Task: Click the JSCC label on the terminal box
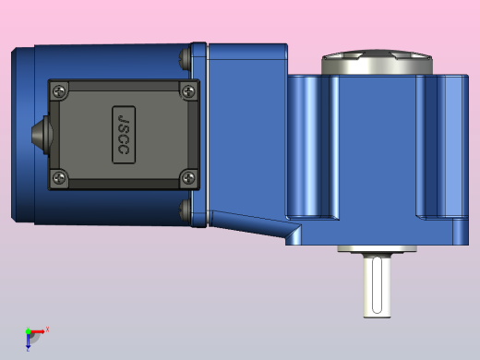(x=124, y=135)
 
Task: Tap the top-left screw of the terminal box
(x=59, y=91)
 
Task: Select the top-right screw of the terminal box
(x=188, y=91)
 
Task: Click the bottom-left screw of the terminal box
(x=59, y=177)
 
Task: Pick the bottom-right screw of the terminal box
(x=188, y=177)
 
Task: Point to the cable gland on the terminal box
(x=42, y=135)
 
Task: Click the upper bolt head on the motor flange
(x=185, y=57)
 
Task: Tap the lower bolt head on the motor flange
(x=185, y=210)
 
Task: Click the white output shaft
(x=377, y=285)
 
